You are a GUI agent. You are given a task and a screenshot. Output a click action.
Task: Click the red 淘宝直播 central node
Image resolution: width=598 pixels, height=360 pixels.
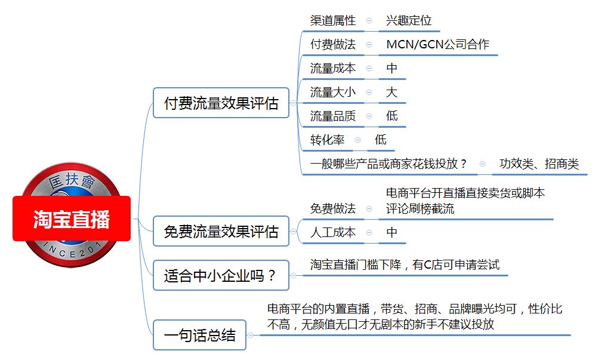(72, 219)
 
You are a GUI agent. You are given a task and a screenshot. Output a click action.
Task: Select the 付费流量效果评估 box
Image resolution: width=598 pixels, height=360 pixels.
(221, 103)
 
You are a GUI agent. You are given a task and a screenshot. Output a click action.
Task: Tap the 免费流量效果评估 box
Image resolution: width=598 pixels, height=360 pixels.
(221, 231)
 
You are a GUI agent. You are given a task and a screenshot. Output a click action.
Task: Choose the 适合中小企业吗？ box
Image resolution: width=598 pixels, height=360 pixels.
(221, 275)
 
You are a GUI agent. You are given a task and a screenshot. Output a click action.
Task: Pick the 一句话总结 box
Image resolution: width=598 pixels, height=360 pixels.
(199, 335)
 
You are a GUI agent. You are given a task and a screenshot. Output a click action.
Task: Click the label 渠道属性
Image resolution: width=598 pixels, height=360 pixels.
(332, 20)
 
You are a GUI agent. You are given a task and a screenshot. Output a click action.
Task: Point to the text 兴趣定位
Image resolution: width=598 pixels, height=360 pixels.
(408, 20)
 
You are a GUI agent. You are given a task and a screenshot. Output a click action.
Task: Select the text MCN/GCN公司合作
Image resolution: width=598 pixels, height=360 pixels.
(438, 44)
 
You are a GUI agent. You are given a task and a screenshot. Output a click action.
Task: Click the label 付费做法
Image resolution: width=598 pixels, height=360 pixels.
(332, 44)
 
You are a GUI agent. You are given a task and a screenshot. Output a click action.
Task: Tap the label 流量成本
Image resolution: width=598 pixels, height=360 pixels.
(332, 68)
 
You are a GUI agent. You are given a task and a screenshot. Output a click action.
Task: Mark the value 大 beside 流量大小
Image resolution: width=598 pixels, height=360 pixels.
(392, 93)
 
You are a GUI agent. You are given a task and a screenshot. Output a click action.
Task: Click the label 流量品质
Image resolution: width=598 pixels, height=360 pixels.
(332, 116)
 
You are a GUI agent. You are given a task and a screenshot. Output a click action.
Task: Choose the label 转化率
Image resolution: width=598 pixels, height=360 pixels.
(327, 140)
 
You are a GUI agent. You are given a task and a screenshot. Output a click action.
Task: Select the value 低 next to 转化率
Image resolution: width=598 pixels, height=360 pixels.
(381, 140)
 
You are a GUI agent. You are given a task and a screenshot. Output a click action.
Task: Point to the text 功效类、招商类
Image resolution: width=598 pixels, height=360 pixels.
(540, 164)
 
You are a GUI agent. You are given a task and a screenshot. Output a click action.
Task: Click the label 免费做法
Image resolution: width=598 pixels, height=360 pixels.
(332, 208)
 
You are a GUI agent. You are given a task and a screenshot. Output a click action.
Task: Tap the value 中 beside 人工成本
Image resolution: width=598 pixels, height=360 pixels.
(392, 232)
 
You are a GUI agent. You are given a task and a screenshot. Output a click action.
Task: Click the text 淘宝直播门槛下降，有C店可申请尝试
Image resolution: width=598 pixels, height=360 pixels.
(405, 264)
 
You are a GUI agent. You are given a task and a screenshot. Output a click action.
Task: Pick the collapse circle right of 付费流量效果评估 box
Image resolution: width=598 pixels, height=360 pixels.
(293, 103)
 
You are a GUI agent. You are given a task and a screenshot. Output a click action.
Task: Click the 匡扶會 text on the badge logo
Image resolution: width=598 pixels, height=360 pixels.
(71, 181)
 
